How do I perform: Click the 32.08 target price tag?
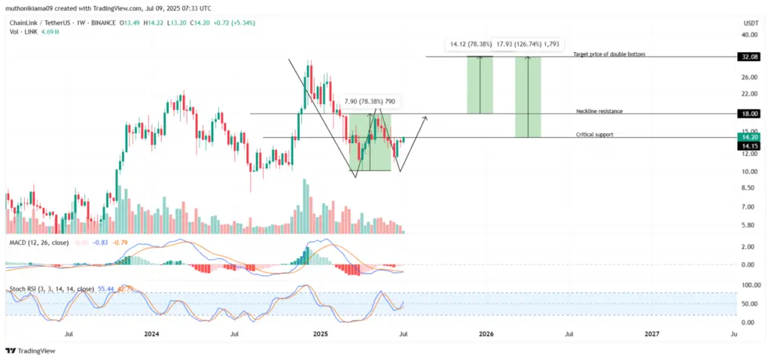(x=750, y=56)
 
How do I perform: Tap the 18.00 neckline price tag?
(x=750, y=114)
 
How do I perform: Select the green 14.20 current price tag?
(x=750, y=137)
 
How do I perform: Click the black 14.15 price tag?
(x=750, y=146)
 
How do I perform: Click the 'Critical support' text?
(x=594, y=134)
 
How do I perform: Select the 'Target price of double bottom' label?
(x=609, y=54)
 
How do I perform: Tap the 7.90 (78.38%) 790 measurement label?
(x=370, y=101)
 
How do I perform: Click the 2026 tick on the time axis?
(x=486, y=333)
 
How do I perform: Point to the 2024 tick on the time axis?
(x=151, y=333)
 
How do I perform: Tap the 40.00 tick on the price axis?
(x=748, y=35)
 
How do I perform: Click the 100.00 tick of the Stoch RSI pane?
(x=748, y=285)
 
